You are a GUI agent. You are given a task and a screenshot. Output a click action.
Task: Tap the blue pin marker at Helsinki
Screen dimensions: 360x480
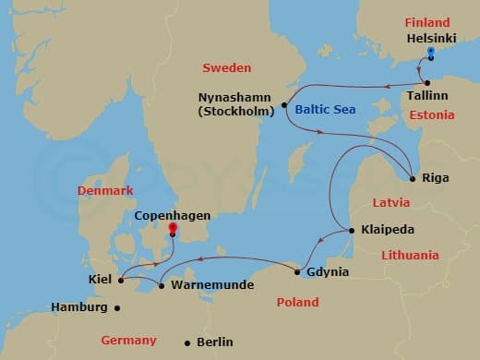[x=431, y=52]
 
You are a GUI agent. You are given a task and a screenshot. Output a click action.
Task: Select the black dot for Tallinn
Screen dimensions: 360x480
[x=427, y=83]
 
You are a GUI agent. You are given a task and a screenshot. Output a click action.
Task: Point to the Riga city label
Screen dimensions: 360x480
[x=435, y=177]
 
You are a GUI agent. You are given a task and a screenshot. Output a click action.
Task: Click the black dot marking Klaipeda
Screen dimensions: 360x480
[x=351, y=230]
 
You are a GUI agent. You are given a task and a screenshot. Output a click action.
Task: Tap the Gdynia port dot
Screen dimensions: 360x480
[x=297, y=271]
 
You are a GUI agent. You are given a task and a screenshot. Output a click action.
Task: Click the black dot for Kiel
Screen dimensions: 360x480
[x=121, y=279]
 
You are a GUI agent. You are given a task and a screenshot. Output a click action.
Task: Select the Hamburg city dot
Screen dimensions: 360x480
[x=116, y=307]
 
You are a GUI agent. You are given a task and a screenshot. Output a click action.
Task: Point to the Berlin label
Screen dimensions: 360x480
[x=214, y=342]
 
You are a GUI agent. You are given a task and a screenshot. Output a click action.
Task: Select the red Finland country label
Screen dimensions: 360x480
[x=426, y=22]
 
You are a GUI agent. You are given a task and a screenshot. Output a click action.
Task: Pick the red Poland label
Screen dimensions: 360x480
[x=297, y=302]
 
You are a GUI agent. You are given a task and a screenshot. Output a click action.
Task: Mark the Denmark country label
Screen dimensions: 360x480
[x=106, y=190]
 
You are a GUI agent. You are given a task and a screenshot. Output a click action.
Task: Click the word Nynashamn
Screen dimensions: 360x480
[x=236, y=97]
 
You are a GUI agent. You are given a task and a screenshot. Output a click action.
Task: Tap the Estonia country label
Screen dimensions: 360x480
[x=432, y=115]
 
